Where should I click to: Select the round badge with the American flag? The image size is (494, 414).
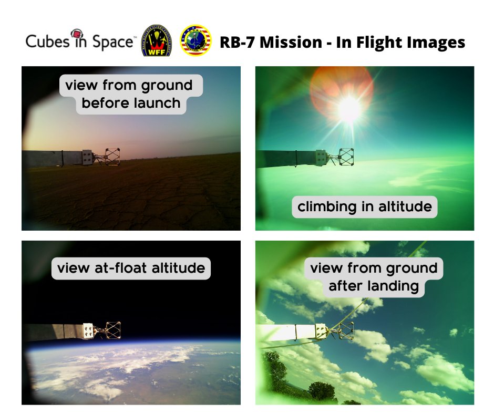[195, 42]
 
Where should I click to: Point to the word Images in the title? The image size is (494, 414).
[438, 42]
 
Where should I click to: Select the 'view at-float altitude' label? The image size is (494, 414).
[131, 268]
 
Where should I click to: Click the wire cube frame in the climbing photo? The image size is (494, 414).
[346, 156]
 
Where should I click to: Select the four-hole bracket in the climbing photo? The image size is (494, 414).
[320, 156]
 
